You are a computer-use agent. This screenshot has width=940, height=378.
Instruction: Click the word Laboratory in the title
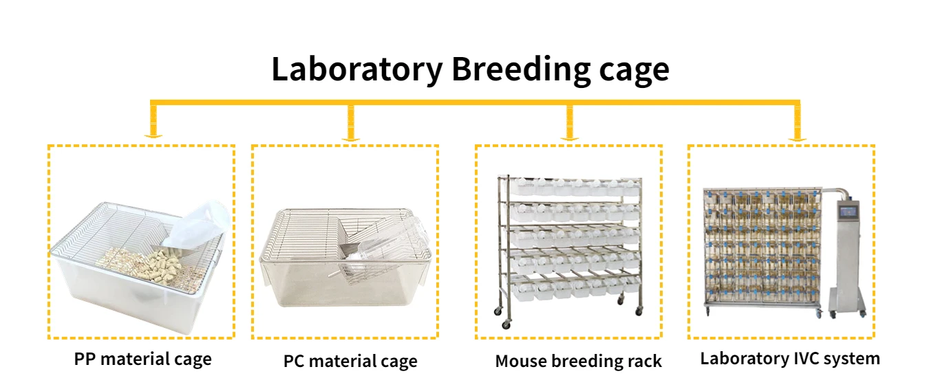pyautogui.click(x=356, y=69)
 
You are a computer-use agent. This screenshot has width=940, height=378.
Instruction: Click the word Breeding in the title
pyautogui.click(x=520, y=69)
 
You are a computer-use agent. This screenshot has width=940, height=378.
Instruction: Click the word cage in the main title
pyautogui.click(x=634, y=71)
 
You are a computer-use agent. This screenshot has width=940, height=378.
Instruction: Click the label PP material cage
pyautogui.click(x=142, y=359)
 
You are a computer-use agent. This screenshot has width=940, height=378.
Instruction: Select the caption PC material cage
pyautogui.click(x=350, y=361)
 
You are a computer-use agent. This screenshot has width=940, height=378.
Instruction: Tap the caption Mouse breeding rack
pyautogui.click(x=578, y=361)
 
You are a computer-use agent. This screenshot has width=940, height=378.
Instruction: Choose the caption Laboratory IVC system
pyautogui.click(x=790, y=358)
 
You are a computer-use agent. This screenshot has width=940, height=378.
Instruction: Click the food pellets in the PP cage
pyautogui.click(x=138, y=262)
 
